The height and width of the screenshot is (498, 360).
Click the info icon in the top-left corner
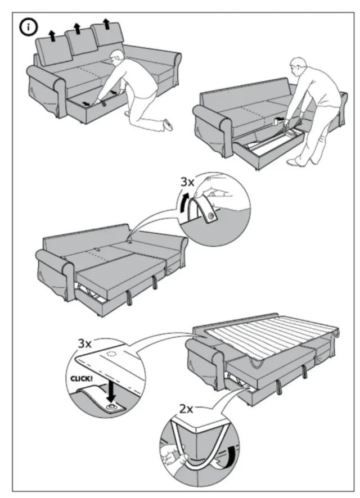[26, 26]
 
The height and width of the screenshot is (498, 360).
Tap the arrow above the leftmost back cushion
[52, 36]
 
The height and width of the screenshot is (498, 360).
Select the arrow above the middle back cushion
[78, 29]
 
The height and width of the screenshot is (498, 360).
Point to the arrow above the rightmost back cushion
[106, 23]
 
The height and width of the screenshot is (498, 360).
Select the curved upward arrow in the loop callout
[184, 201]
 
